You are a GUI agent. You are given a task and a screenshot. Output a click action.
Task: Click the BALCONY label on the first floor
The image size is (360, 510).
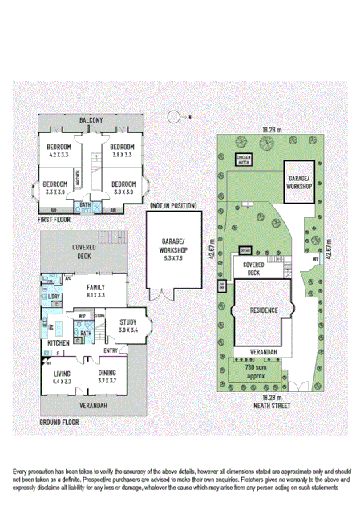[x=91, y=120]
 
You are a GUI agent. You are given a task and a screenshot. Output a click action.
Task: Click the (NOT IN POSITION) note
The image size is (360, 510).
[x=173, y=205]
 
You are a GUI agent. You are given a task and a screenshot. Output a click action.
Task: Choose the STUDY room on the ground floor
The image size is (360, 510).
[x=128, y=329]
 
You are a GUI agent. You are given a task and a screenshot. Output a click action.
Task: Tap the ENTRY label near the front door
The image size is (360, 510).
[x=111, y=350]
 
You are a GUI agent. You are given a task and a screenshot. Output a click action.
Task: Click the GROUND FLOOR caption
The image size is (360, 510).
[x=59, y=420]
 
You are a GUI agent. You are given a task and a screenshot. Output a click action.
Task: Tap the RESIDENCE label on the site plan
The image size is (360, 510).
[x=264, y=309]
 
